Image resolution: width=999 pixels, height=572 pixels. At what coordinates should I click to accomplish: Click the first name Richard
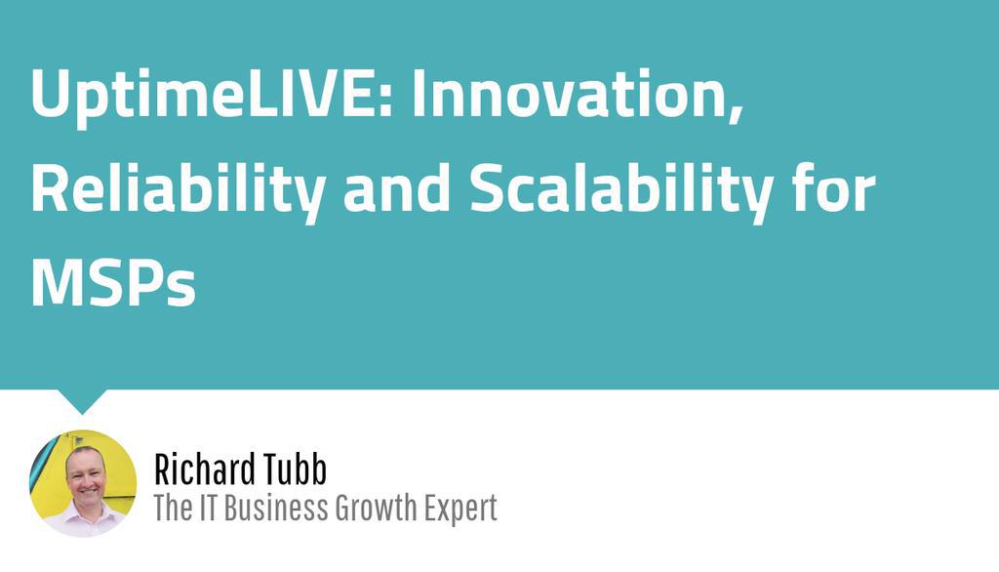pos(201,470)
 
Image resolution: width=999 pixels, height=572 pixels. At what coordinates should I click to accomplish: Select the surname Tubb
pos(292,470)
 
